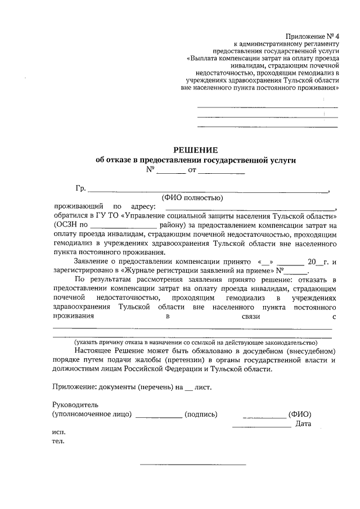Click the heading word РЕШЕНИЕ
tap(195, 150)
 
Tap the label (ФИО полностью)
tap(192, 197)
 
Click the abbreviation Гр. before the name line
tap(80, 188)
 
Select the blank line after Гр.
tap(208, 191)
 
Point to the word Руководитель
tap(75, 404)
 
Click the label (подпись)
tap(201, 415)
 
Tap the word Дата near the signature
tap(303, 424)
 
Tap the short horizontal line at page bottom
tap(192, 465)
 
